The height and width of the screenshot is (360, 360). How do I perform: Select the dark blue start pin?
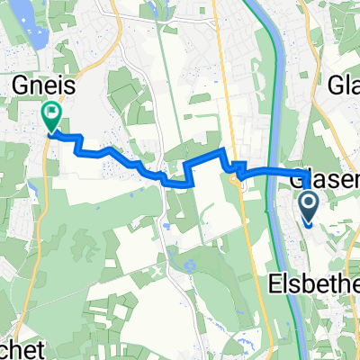pos(308,207)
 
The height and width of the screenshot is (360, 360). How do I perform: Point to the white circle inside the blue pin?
pos(308,203)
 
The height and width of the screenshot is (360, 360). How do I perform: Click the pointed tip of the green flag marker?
pos(50,132)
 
